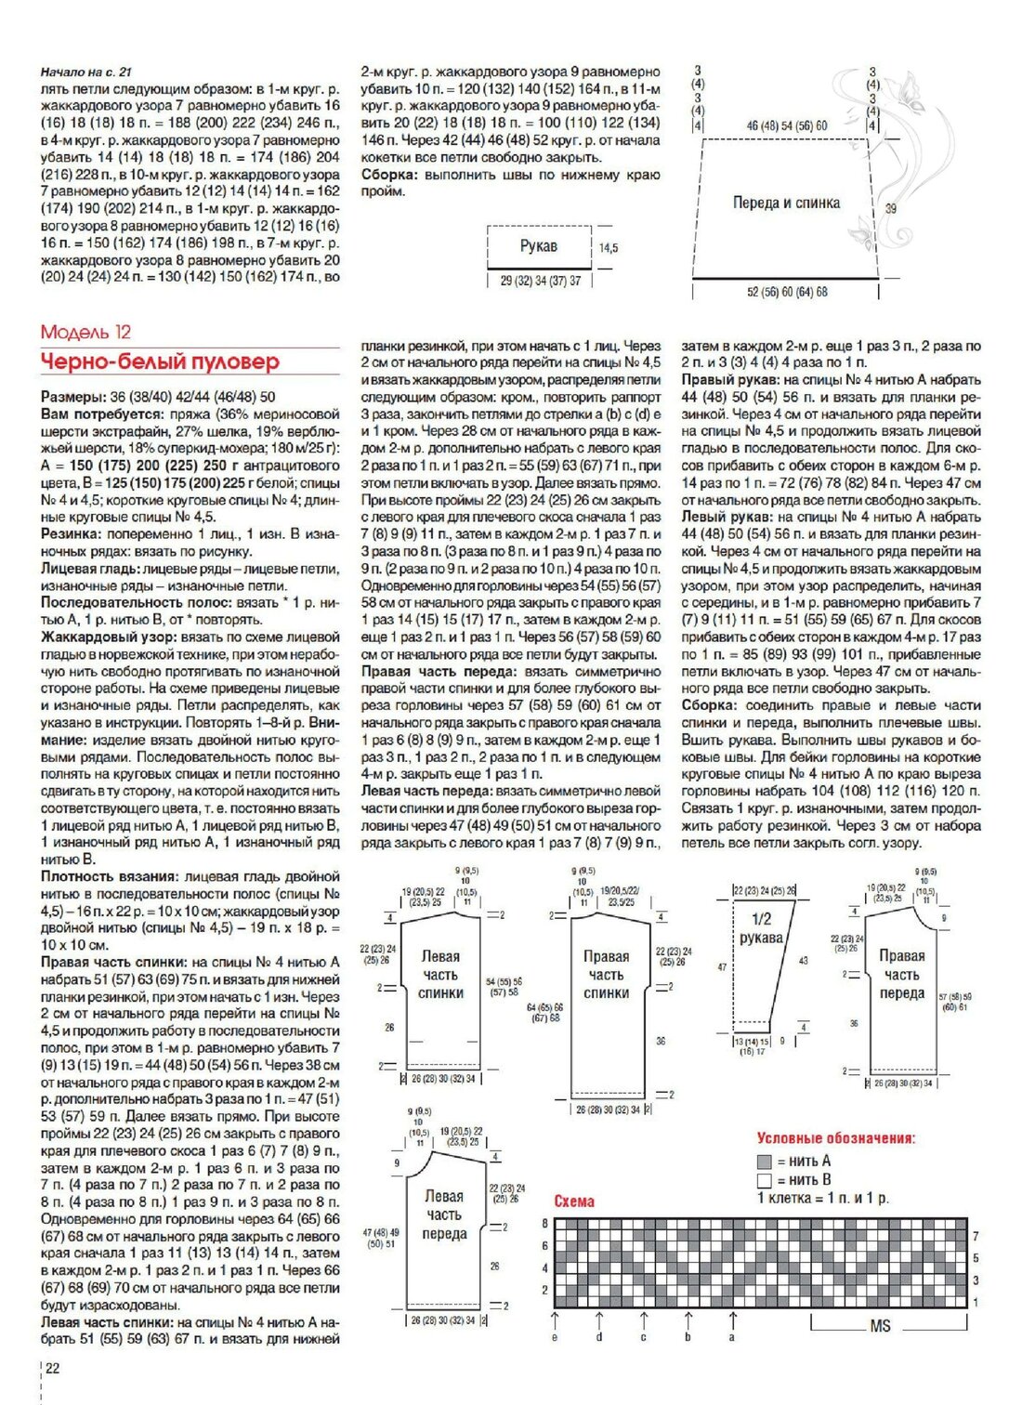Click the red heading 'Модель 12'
86,333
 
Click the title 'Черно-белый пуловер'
160,361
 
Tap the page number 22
53,1368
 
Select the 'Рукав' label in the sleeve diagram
538,246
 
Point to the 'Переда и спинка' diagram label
786,203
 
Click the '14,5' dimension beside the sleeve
609,248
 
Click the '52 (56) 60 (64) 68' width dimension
787,292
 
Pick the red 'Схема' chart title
574,1201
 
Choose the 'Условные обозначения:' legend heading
835,1138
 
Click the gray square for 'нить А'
765,1162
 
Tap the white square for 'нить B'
765,1180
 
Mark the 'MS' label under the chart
880,1326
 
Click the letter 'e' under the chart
555,1337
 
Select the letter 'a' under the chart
732,1337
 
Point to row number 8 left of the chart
545,1224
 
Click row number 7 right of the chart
976,1237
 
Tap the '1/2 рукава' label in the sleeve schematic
761,928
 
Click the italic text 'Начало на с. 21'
86,72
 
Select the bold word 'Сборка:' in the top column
389,175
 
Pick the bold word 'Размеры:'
73,396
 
